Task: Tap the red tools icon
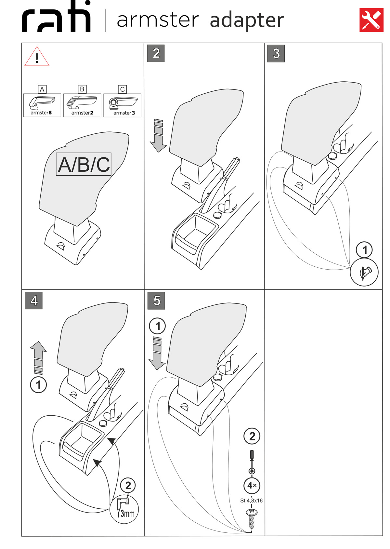(x=371, y=20)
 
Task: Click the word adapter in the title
(x=247, y=20)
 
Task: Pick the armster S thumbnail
(x=42, y=105)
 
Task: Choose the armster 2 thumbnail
(x=82, y=105)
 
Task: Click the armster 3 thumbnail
(x=122, y=105)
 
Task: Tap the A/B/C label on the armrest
(x=84, y=164)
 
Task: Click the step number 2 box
(x=156, y=53)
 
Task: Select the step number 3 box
(x=276, y=53)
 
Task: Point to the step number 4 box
(x=34, y=300)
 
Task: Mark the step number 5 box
(x=156, y=300)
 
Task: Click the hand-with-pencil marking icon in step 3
(x=364, y=272)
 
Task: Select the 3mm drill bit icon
(x=124, y=509)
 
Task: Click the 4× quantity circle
(x=252, y=485)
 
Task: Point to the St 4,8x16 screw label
(x=251, y=501)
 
